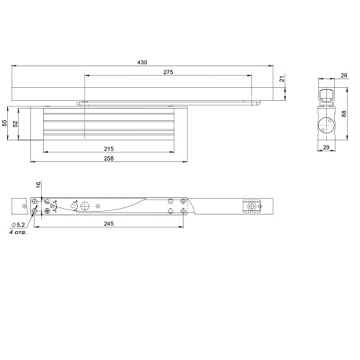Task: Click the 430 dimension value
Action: coord(142,63)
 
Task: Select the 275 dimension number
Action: coord(168,72)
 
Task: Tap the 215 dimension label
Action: coord(109,149)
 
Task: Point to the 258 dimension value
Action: coord(109,158)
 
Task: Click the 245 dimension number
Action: coord(109,224)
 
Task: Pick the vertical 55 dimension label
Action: coord(4,123)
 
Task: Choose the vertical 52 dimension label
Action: coord(15,124)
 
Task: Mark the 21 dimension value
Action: coord(282,78)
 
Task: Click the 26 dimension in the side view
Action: coord(344,76)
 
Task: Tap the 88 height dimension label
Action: coord(344,114)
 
